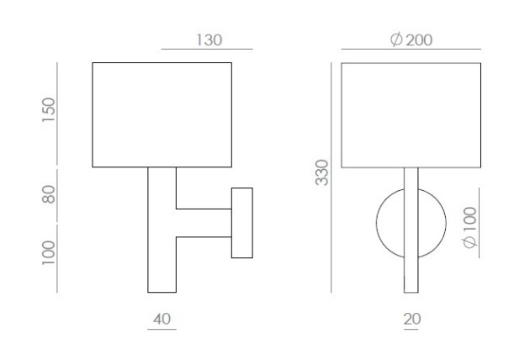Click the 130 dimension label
pyautogui.click(x=209, y=40)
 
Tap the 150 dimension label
pyautogui.click(x=49, y=110)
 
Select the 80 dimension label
pyautogui.click(x=49, y=194)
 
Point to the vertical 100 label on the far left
pyautogui.click(x=49, y=253)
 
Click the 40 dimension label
pyautogui.click(x=162, y=319)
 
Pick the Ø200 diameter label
pyautogui.click(x=411, y=40)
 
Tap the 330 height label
pyautogui.click(x=321, y=172)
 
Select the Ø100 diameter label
pyautogui.click(x=469, y=227)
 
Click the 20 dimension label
pyautogui.click(x=412, y=319)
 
